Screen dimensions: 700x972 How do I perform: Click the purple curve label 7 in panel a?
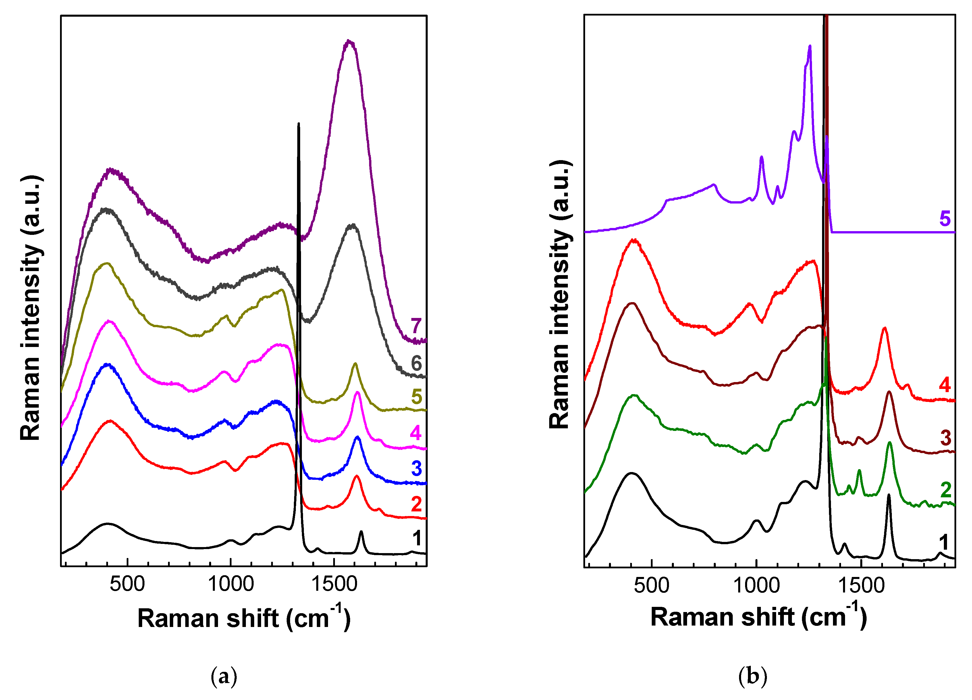(x=416, y=326)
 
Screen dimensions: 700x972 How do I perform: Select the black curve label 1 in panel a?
(x=416, y=538)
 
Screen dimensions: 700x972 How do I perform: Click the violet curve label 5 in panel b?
(x=945, y=219)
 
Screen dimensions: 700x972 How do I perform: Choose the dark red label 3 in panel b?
(x=945, y=438)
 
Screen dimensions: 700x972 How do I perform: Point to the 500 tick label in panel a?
(x=127, y=584)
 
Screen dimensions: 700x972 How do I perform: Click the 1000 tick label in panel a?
(x=231, y=584)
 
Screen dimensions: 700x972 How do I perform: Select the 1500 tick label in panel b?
(x=861, y=586)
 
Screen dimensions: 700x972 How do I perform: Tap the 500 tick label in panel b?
(x=651, y=586)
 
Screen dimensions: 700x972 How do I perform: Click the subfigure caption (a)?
(x=224, y=676)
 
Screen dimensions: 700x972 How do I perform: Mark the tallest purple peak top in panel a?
(x=349, y=41)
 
